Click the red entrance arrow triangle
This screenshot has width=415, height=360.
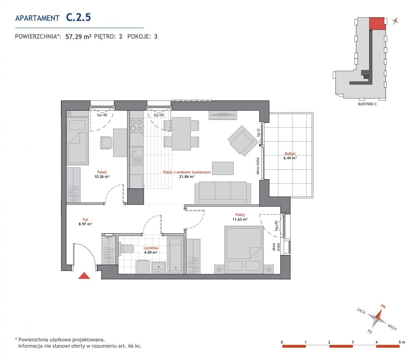84,276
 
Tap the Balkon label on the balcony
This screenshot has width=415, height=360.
290,153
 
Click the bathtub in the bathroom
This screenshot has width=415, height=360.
175,255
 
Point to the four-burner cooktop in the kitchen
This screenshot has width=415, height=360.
136,125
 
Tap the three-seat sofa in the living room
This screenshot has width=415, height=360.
223,192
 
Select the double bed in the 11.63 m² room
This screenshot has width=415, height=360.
244,249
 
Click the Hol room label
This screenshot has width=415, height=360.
85,219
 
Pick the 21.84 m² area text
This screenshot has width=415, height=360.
187,177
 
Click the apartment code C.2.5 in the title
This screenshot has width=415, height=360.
79,17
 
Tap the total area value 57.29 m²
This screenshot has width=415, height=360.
79,37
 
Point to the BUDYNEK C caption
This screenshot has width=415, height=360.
367,104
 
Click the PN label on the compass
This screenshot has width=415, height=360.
383,306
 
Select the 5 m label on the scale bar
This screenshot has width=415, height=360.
402,342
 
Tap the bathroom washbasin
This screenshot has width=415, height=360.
159,268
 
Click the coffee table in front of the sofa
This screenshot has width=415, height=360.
223,168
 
